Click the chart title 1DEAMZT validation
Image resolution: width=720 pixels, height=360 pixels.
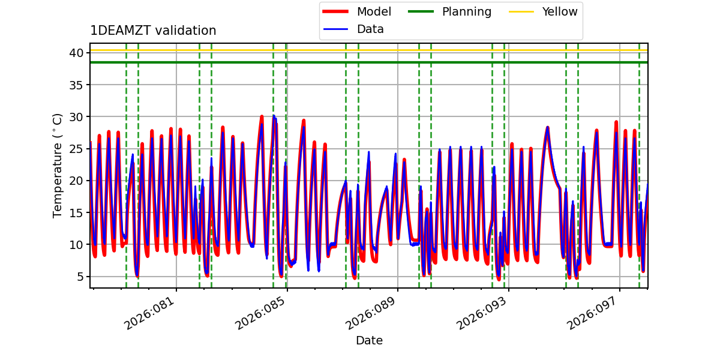[153, 31]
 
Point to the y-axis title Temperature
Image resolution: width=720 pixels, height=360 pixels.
[58, 165]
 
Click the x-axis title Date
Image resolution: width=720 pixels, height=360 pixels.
[369, 341]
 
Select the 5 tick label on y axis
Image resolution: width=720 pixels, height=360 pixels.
[79, 277]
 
